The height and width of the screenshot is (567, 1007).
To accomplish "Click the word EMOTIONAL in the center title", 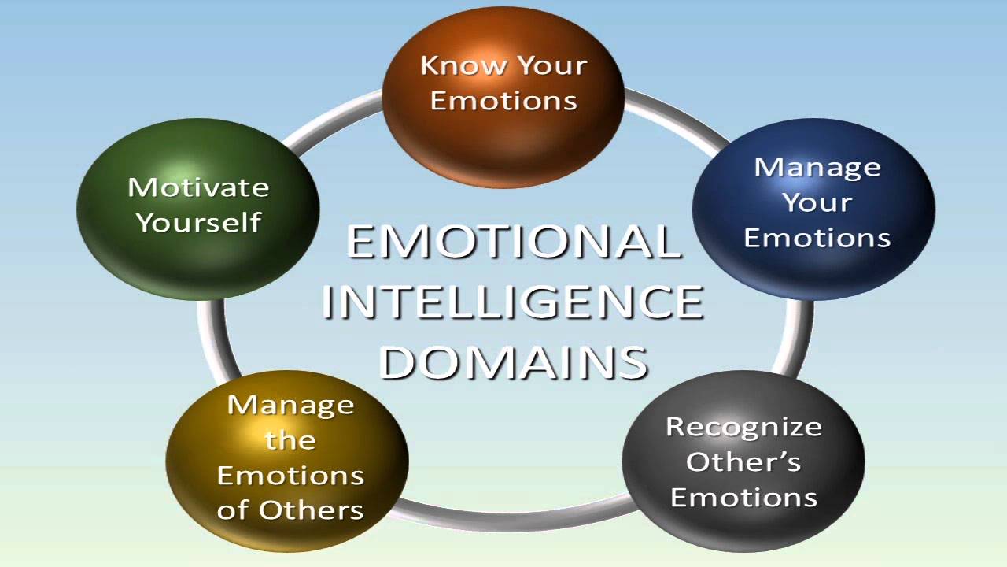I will point(513,242).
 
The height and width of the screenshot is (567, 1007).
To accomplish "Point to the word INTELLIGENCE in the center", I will point(513,302).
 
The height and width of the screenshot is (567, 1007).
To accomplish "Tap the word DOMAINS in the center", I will point(513,361).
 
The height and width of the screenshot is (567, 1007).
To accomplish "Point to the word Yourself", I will point(198,222).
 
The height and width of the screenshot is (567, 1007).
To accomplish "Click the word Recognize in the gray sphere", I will point(743,427).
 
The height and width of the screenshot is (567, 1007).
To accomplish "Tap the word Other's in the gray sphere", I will point(743,462).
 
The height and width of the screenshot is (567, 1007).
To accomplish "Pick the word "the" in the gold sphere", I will point(290,439).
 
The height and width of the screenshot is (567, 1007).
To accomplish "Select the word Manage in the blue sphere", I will point(817,167).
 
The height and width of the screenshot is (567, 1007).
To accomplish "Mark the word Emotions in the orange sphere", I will point(503,101).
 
